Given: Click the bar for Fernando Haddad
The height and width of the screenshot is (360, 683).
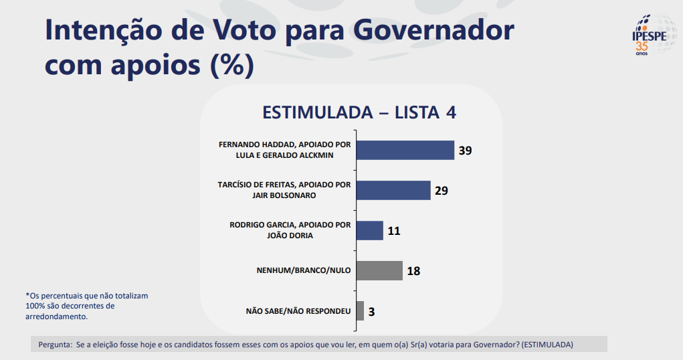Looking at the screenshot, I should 405,151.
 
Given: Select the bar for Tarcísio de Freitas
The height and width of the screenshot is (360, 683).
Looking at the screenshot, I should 393,190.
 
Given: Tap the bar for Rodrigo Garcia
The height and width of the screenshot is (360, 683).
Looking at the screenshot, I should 369,230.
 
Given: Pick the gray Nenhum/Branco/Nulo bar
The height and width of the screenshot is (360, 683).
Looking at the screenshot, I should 379,270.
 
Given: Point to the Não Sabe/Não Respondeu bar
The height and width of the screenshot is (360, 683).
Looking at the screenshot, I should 360,310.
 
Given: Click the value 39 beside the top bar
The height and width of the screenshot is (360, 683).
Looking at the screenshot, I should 466,151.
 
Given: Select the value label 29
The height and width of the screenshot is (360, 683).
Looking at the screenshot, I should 441,191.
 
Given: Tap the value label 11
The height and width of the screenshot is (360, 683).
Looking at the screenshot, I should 393,231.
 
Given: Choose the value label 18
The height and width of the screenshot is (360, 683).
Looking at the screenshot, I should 413,271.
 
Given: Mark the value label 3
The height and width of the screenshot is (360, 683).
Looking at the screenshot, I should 371,311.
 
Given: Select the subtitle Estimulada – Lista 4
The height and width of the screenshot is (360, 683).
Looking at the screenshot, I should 359,112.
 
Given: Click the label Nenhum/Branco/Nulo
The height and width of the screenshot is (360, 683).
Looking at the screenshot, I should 304,270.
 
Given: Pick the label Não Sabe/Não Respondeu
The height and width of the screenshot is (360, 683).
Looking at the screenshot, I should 298,310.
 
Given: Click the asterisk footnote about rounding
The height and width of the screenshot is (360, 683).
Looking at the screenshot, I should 86,306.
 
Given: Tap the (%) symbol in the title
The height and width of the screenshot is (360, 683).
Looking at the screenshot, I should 232,65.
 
